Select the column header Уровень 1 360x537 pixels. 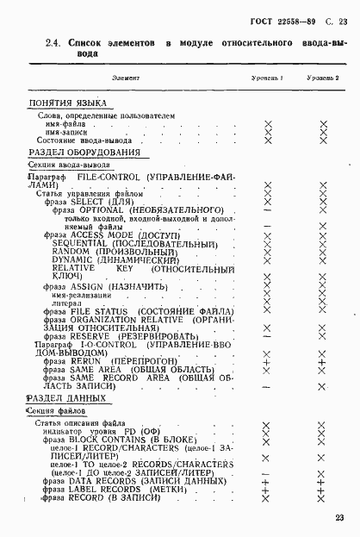267,78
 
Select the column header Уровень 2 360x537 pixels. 322,78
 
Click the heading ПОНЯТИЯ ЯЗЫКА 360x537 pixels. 63,102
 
